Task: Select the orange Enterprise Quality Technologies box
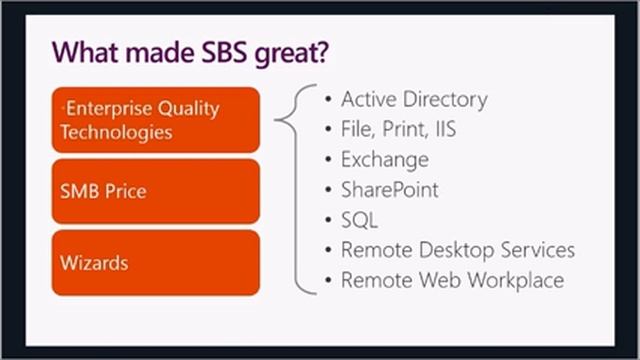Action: [155, 119]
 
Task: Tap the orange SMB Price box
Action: [155, 190]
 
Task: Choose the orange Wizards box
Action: [155, 262]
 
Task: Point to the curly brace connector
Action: [290, 120]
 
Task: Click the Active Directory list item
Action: [414, 100]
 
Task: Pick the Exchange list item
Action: [384, 160]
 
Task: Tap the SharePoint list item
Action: [389, 190]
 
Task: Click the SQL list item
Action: [359, 220]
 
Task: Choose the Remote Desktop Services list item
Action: [457, 250]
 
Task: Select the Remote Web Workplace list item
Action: [452, 280]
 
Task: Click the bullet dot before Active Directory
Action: [328, 100]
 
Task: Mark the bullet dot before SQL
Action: [328, 220]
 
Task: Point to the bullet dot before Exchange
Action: [328, 160]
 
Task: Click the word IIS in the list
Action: [447, 130]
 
